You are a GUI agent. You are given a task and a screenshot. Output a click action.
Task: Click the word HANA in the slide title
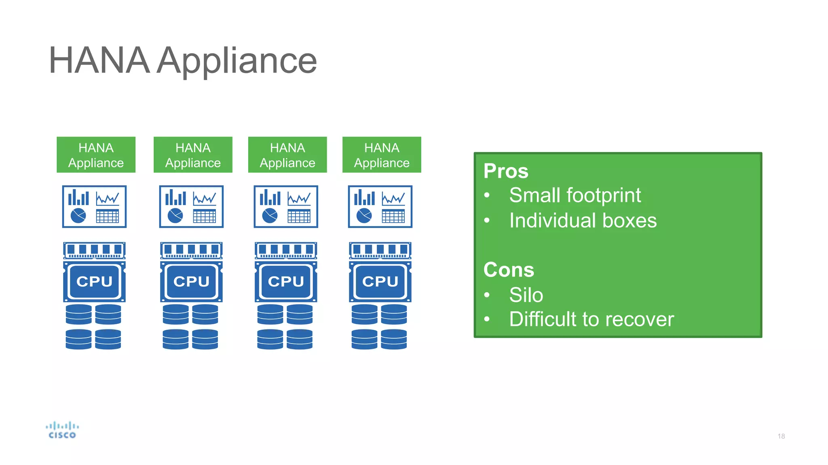[x=99, y=61]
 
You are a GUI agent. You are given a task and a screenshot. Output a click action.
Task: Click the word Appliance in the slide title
[x=237, y=61]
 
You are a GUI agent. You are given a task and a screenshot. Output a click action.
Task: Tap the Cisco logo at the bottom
[x=62, y=430]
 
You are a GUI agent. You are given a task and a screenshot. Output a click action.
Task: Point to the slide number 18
[x=781, y=436]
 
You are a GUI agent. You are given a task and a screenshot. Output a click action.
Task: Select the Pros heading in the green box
[x=506, y=171]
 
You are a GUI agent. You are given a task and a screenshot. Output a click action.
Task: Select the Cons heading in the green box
[x=509, y=270]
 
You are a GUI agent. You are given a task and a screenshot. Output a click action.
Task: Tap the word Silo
[x=526, y=295]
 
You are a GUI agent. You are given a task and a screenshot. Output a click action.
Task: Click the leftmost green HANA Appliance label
[x=96, y=155]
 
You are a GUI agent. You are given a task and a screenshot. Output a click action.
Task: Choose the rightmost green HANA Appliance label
[x=382, y=155]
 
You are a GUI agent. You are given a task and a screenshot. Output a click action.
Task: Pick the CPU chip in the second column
[x=191, y=281]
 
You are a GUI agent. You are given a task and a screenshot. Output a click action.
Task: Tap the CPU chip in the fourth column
[x=380, y=281]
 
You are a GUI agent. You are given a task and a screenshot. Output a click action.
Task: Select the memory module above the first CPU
[x=94, y=250]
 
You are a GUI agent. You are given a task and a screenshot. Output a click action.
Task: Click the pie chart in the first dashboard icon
[x=78, y=216]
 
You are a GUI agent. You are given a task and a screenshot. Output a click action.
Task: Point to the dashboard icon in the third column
[x=286, y=207]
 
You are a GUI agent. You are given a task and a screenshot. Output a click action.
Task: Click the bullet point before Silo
[x=487, y=295]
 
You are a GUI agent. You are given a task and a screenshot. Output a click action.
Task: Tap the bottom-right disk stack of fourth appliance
[x=394, y=339]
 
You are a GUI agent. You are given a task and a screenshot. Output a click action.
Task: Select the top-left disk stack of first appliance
[x=78, y=314]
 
